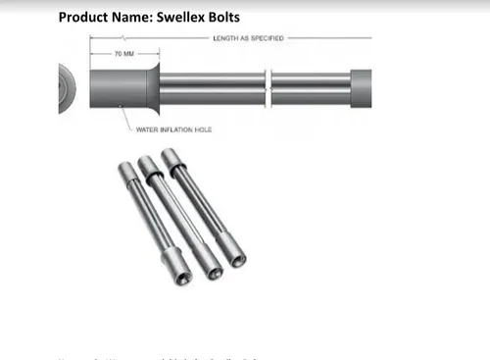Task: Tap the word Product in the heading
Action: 85,17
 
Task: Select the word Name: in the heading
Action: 133,17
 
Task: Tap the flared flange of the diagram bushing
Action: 153,87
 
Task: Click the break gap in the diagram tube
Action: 268,87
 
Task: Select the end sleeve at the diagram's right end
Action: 361,87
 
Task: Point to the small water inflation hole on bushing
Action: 119,106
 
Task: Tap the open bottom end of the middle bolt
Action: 211,272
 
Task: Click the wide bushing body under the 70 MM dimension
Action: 118,87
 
